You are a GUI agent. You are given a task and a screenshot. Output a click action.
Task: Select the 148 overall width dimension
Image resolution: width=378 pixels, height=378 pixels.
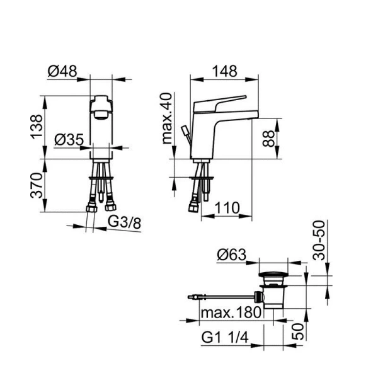[224, 71]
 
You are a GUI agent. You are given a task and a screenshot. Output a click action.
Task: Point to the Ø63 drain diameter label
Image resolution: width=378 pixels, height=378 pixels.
[231, 255]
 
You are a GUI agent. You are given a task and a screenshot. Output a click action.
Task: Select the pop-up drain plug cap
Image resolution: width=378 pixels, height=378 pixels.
[274, 275]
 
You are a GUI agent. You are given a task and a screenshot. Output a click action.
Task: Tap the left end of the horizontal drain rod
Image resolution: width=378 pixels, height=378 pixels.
[190, 294]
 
